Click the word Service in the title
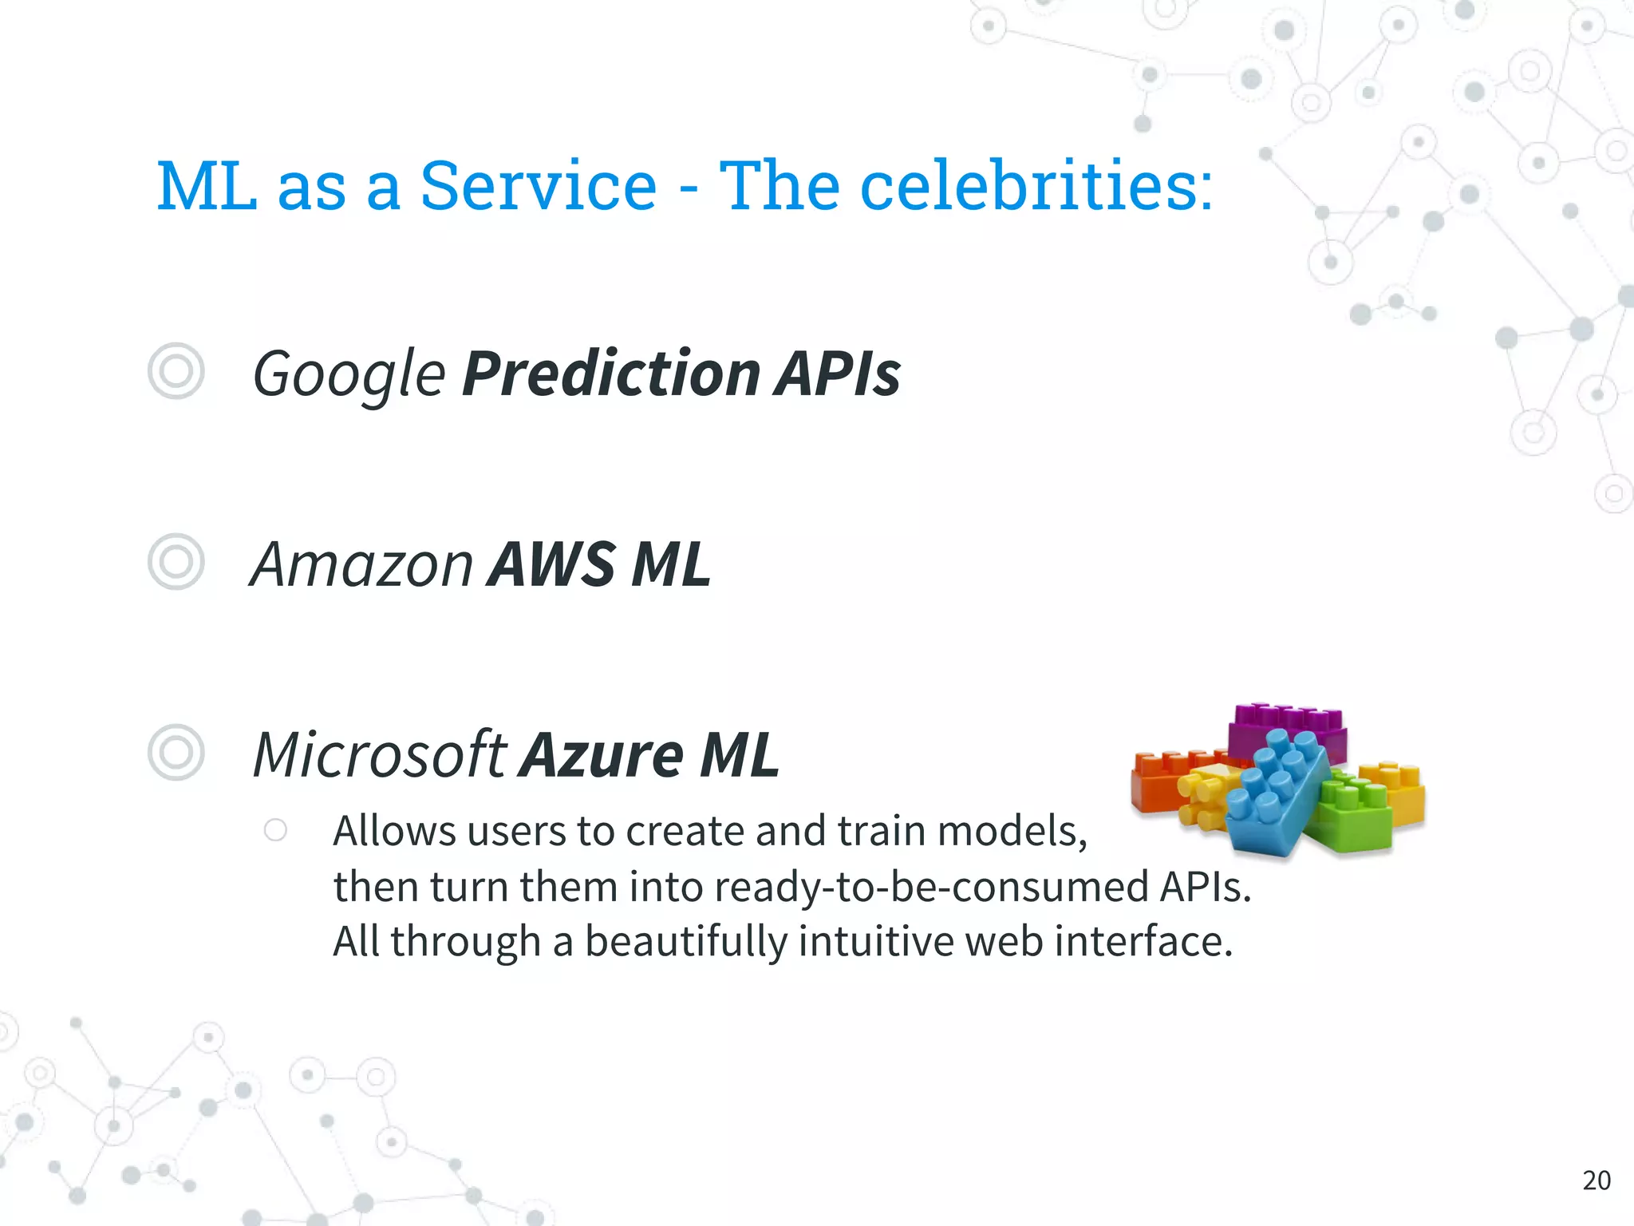538,186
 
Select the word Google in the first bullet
348,374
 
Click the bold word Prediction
610,374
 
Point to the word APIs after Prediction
837,374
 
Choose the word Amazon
362,564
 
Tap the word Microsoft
379,754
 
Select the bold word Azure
602,754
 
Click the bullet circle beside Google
176,371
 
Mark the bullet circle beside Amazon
176,562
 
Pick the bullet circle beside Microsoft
176,752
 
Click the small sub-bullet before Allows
275,830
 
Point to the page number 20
1597,1180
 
